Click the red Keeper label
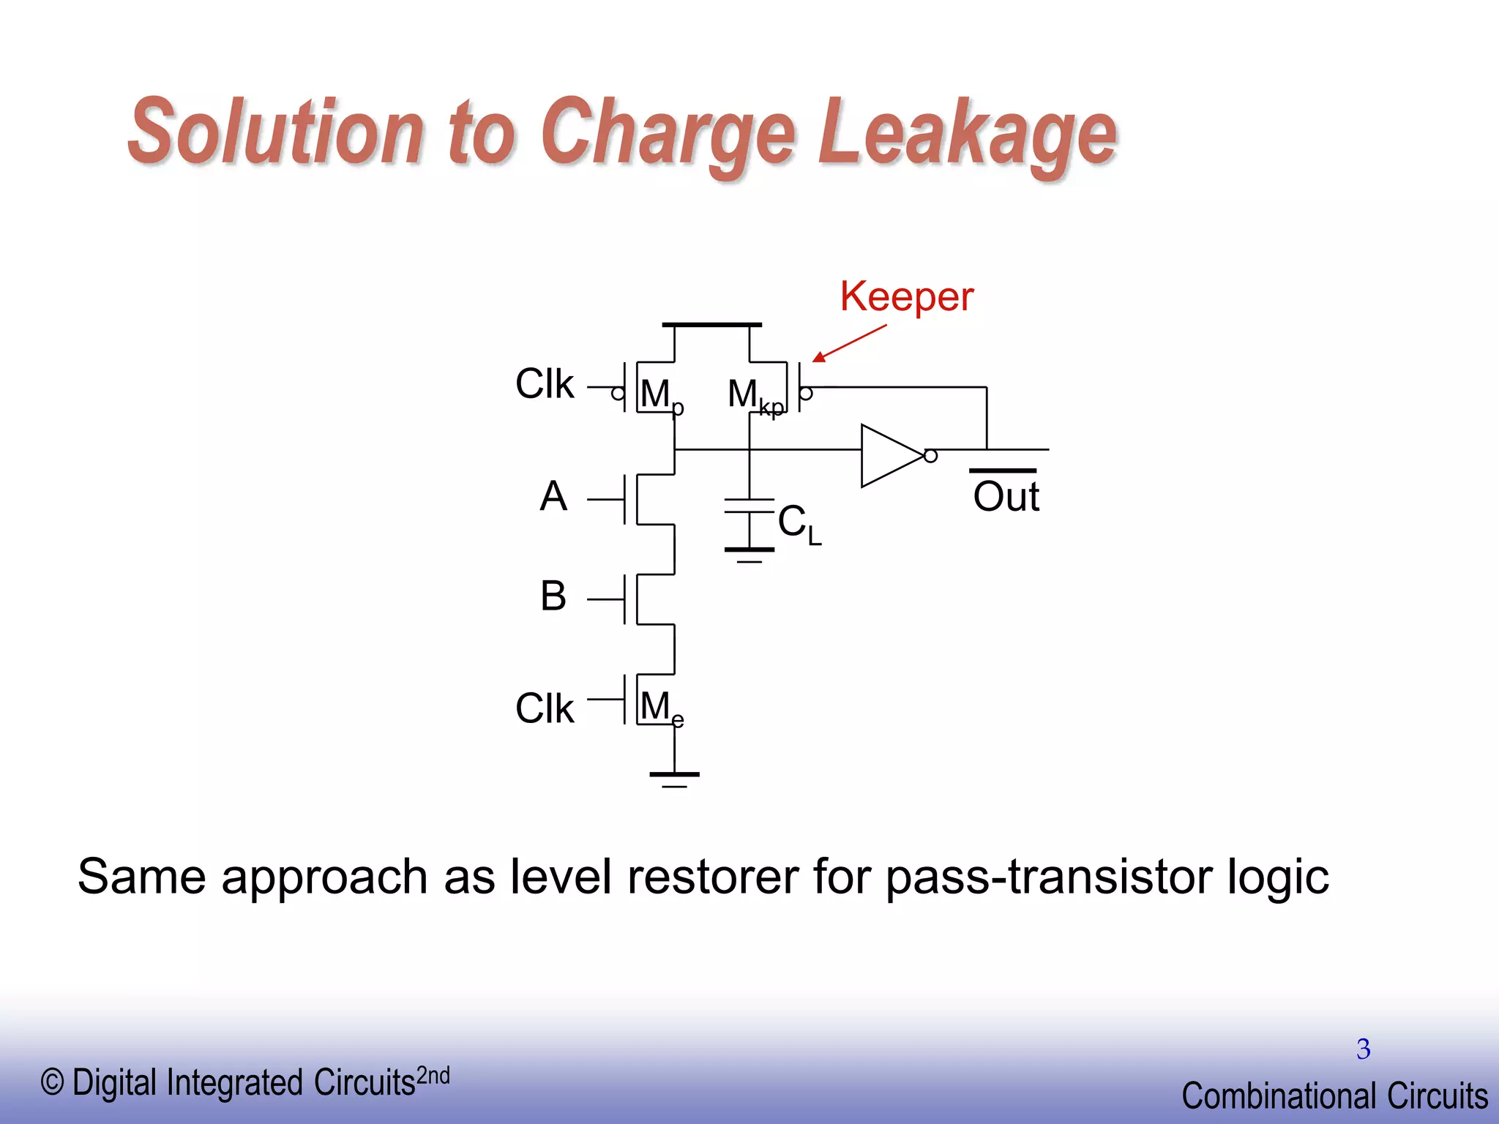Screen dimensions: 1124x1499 point(906,296)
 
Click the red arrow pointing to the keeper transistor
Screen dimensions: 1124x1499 point(849,343)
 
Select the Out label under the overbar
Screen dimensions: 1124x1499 point(1006,498)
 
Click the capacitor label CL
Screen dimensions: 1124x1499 point(799,524)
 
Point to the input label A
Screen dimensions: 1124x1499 point(553,496)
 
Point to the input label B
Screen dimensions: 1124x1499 point(553,596)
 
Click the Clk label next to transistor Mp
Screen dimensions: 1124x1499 point(545,383)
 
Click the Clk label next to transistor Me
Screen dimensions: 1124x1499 point(545,708)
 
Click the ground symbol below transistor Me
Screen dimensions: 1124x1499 point(674,778)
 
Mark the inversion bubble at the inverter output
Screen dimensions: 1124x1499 point(930,456)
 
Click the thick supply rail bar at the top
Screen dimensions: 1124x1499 point(711,324)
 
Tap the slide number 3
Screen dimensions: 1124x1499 point(1363,1049)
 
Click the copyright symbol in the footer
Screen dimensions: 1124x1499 point(52,1082)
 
